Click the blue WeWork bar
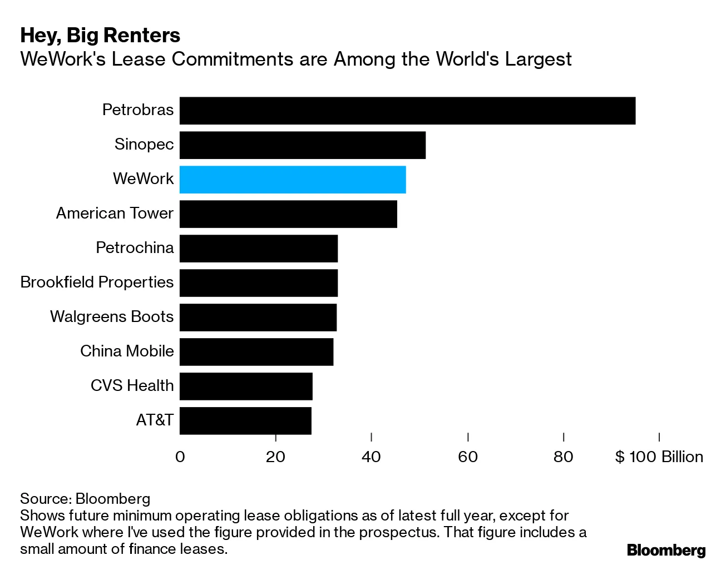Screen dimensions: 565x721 [x=293, y=180]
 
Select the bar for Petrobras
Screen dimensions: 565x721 [x=407, y=111]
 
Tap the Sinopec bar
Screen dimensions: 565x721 [x=303, y=145]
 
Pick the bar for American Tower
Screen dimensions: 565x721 [x=288, y=214]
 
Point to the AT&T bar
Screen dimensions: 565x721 [x=245, y=420]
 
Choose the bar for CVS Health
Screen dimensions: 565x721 [x=246, y=386]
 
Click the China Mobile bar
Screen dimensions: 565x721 [x=256, y=351]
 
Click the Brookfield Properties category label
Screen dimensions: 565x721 [x=97, y=282]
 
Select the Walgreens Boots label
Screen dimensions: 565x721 [x=112, y=317]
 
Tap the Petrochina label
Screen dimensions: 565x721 [x=135, y=248]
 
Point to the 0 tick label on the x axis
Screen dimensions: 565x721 [x=180, y=457]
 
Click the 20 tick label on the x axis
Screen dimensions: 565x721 [x=275, y=457]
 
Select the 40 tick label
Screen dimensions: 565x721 [x=371, y=457]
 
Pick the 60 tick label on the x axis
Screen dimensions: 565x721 [x=468, y=457]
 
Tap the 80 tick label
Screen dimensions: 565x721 [x=564, y=457]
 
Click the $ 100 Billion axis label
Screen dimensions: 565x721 [x=659, y=457]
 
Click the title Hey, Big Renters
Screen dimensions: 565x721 [x=100, y=36]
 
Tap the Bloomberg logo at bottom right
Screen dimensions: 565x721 [x=666, y=550]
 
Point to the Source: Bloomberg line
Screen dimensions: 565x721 [x=85, y=498]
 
